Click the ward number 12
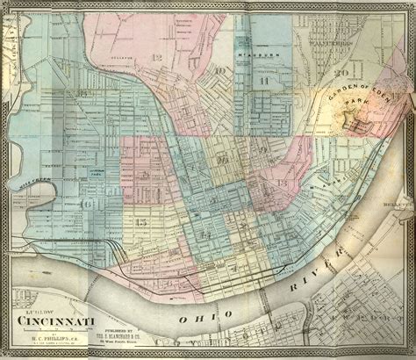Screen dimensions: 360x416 158,57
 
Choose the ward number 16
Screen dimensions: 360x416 86,205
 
